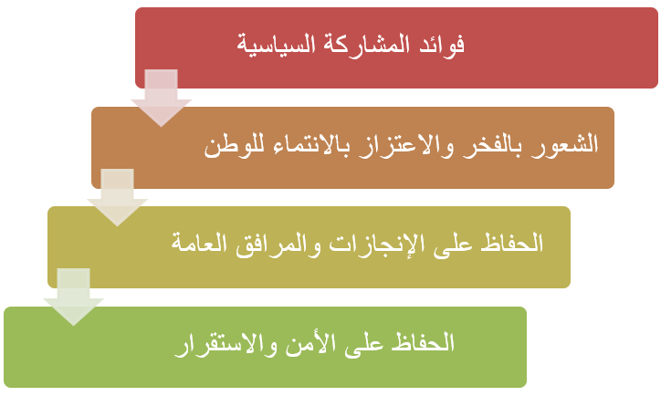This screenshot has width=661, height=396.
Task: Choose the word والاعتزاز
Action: coord(405,145)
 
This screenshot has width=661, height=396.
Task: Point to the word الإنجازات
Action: coord(376,245)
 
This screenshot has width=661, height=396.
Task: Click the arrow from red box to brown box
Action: coord(161,98)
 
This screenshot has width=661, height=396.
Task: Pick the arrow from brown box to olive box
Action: coord(117,197)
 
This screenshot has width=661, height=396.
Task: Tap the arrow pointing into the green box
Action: coord(73,297)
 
